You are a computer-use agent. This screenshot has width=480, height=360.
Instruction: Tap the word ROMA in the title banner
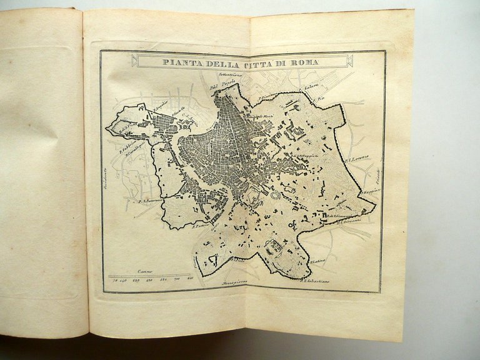point(306,62)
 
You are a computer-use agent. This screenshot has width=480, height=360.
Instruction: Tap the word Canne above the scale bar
point(145,272)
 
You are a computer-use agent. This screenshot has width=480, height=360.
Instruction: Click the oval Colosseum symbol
point(274,196)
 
